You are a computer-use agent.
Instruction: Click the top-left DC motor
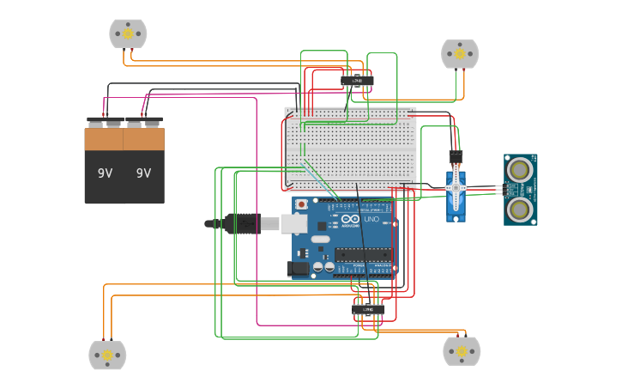tap(128, 33)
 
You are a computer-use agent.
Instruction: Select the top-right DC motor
tap(460, 53)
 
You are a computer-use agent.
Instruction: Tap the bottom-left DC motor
tap(107, 355)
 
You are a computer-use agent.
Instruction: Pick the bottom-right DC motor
tap(462, 350)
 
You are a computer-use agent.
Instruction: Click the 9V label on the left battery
tap(105, 173)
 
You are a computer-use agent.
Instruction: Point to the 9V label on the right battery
tap(143, 173)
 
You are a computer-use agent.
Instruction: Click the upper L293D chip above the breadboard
tap(357, 81)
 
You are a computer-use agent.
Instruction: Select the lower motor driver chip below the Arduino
tap(368, 309)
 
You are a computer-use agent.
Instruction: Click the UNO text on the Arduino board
tap(371, 220)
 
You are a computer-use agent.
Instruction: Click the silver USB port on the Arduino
tap(293, 224)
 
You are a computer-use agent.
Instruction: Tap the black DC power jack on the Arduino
tap(298, 268)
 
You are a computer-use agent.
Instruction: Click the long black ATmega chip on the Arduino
tap(363, 255)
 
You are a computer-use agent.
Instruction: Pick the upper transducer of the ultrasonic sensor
tap(519, 168)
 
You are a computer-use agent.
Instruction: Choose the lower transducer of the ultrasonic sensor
tap(519, 208)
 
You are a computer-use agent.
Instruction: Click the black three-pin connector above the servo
tap(456, 156)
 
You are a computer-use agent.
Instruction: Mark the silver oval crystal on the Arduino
tap(320, 238)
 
